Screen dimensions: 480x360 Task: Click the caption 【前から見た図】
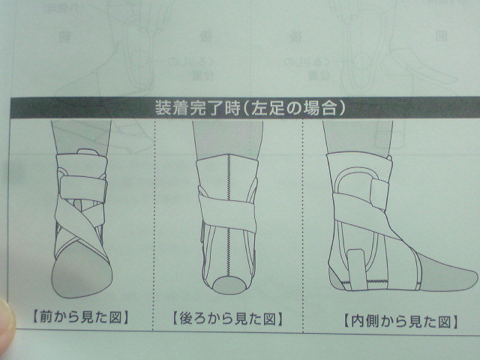(80, 317)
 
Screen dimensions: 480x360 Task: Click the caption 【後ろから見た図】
(227, 319)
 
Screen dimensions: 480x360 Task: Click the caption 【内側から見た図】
(400, 322)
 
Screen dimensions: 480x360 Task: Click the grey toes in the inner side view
(445, 272)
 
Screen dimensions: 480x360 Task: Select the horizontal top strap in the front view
(83, 188)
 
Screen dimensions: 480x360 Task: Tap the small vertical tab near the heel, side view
(356, 270)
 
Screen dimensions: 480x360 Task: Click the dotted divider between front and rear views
(154, 225)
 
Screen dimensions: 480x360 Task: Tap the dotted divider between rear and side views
(303, 226)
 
